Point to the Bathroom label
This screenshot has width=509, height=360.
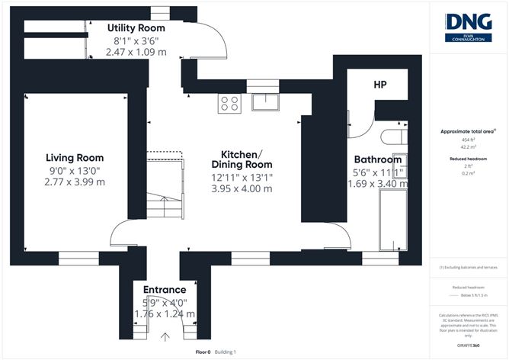coord(377,160)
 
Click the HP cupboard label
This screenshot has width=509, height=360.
coord(382,85)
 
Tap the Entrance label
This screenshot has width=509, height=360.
coord(165,290)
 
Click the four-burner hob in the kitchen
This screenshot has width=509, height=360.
coord(229,102)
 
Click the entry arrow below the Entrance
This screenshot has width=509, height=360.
coord(165,336)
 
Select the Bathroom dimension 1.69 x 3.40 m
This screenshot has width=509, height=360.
coord(377,184)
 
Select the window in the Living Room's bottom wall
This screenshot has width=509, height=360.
coord(74,256)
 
